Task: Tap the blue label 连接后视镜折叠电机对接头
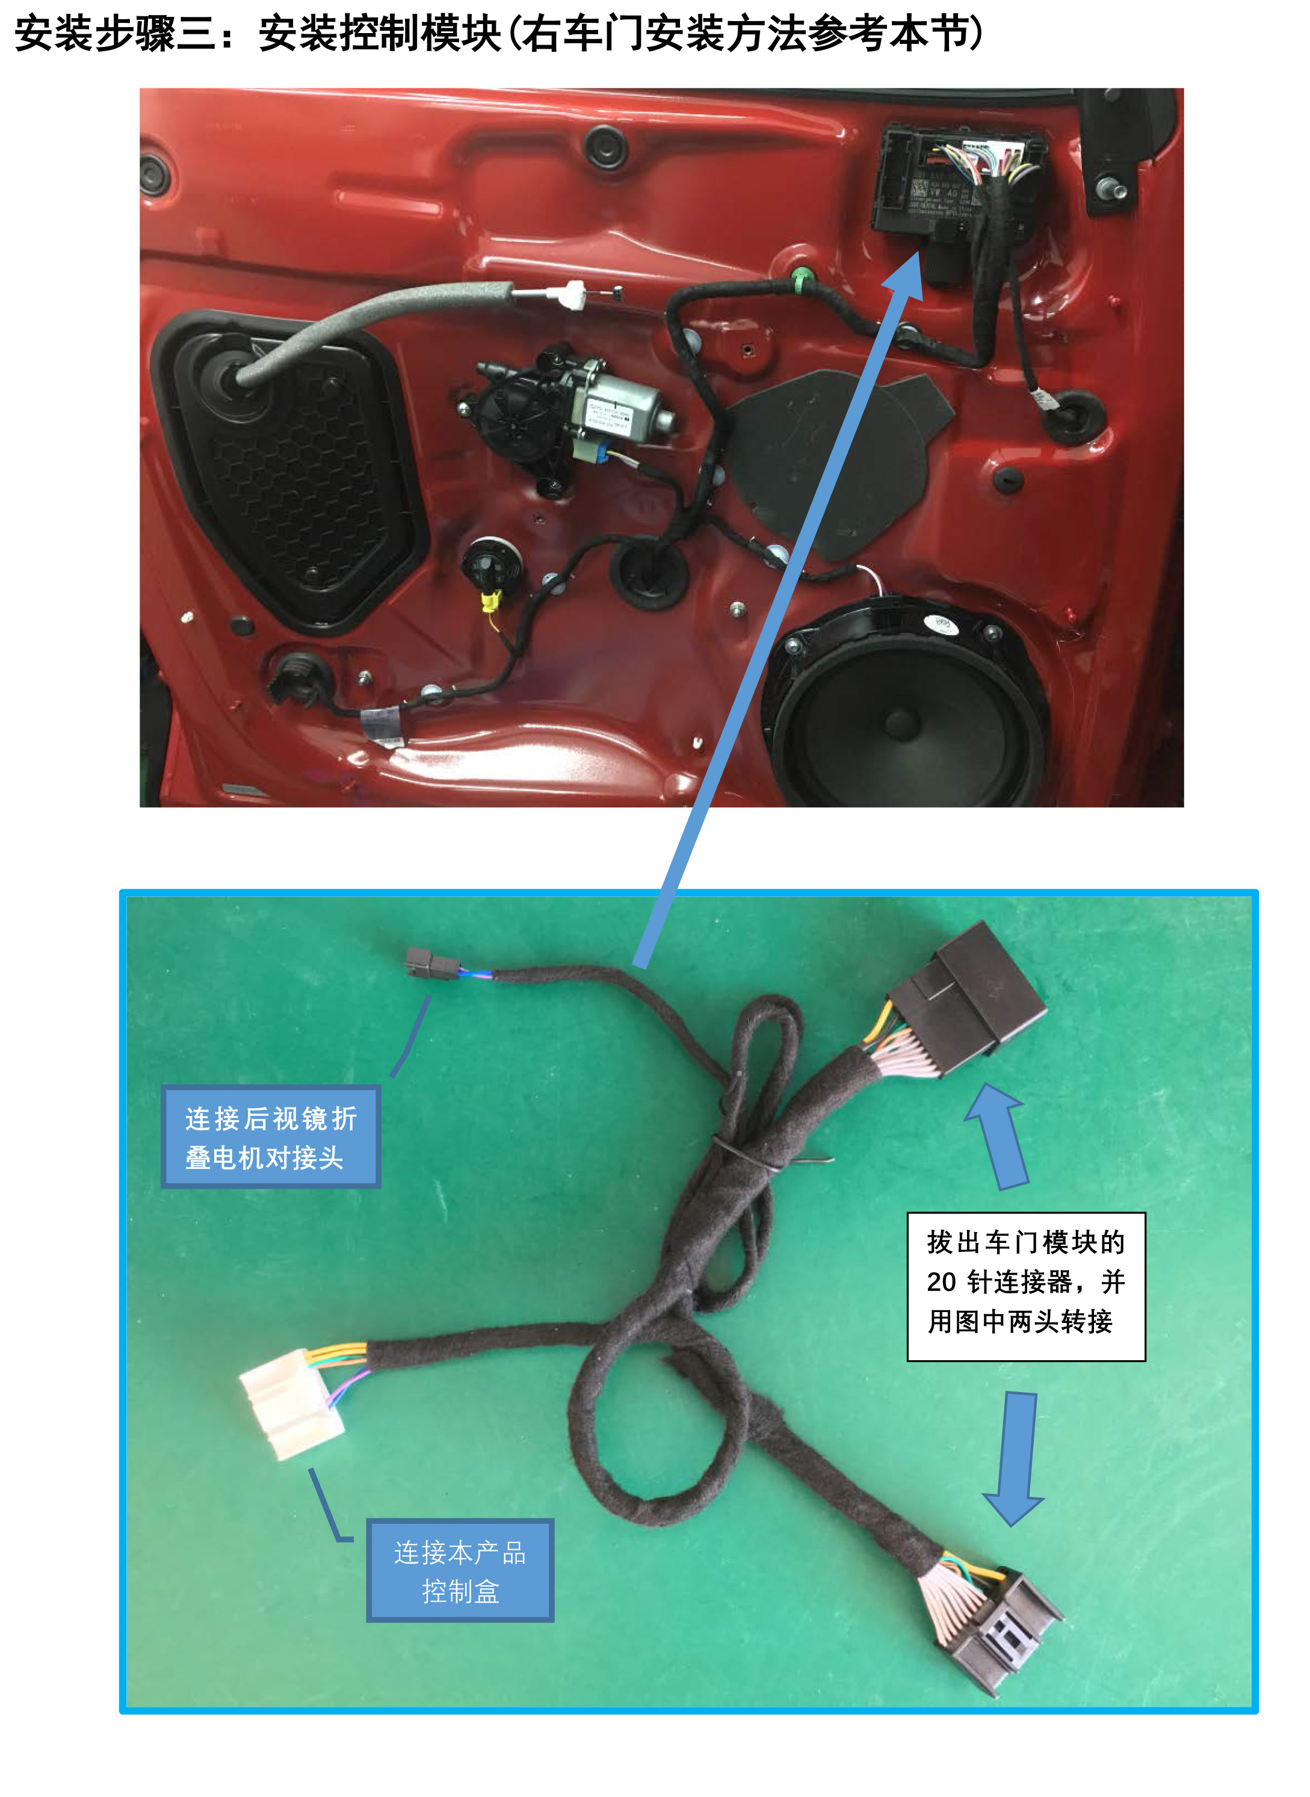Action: click(x=270, y=1136)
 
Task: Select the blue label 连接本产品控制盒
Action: click(x=460, y=1570)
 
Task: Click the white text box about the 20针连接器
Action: click(x=1025, y=1286)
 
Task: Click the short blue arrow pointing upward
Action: click(x=998, y=1135)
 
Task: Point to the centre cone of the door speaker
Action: click(x=900, y=721)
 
